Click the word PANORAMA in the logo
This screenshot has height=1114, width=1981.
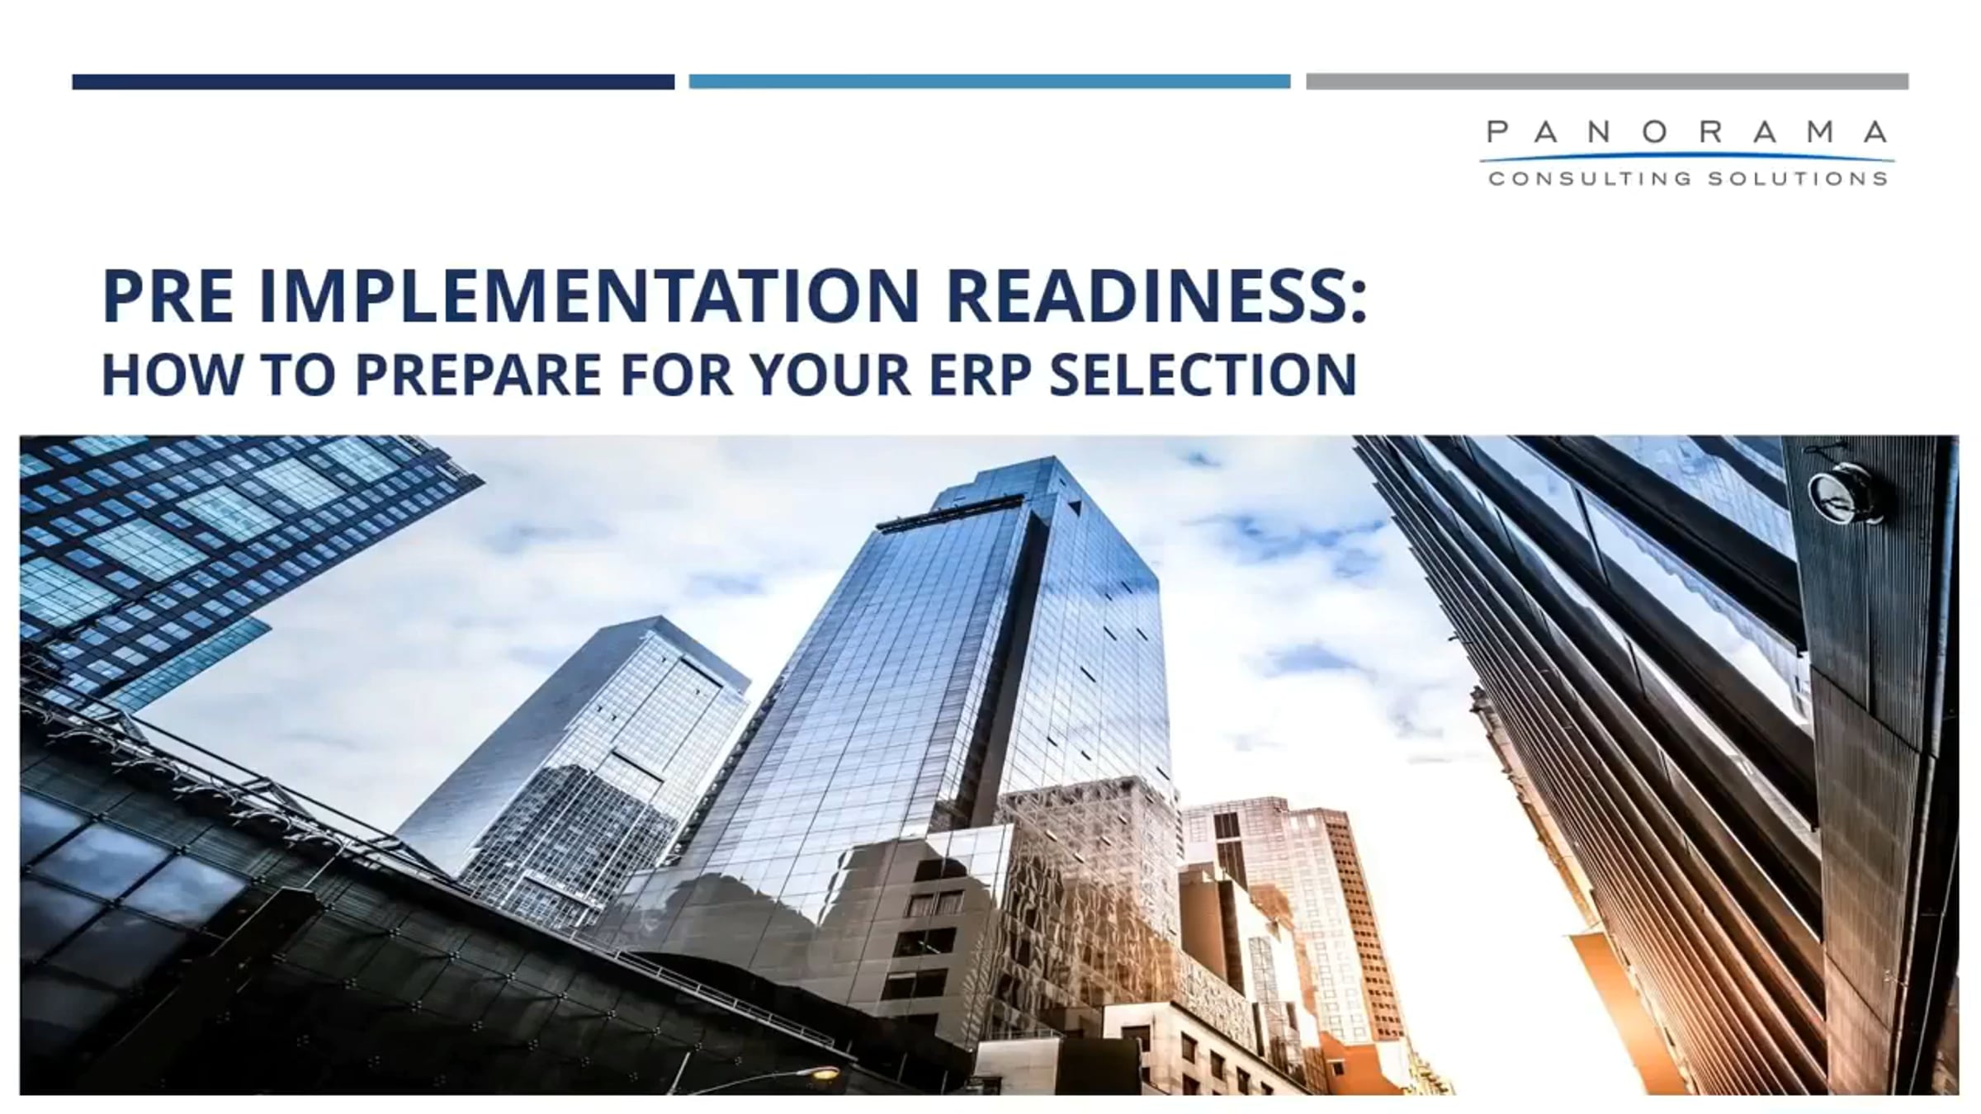click(1687, 132)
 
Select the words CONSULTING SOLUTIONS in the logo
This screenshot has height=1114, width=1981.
click(1688, 178)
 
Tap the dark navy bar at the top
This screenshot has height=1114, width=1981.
click(373, 82)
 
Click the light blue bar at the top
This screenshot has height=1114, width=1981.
click(990, 82)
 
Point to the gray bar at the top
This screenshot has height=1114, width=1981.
click(1607, 82)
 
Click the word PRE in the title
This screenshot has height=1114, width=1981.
click(168, 296)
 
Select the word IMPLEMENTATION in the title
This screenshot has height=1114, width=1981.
click(589, 296)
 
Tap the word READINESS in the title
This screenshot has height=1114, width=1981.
click(1143, 296)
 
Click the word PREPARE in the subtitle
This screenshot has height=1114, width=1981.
click(478, 375)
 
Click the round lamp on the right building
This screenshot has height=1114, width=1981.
click(1842, 493)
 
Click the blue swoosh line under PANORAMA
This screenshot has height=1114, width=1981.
click(1687, 156)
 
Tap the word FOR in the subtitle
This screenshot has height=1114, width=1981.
click(676, 375)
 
